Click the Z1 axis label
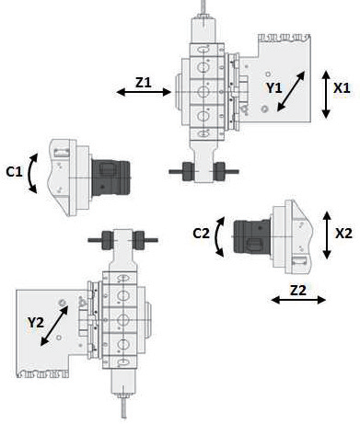[x=144, y=83]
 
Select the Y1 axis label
[x=273, y=88]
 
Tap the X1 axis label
[x=342, y=88]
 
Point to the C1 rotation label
[x=14, y=172]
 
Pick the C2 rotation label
[x=202, y=234]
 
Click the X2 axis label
[x=343, y=234]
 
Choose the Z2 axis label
[x=298, y=291]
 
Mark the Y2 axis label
[x=36, y=322]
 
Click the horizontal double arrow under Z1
[x=144, y=92]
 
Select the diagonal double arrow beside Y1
[x=291, y=91]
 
